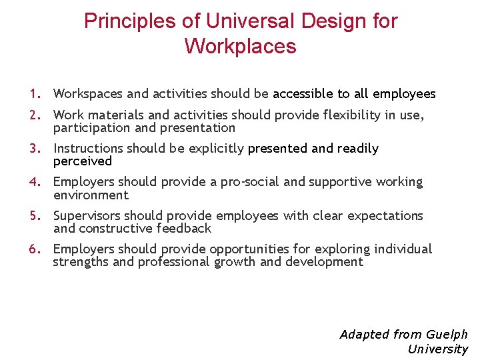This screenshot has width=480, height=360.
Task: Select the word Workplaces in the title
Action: tap(240, 47)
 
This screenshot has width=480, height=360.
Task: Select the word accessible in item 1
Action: tap(303, 94)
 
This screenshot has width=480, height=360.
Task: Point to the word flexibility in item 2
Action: tap(334, 115)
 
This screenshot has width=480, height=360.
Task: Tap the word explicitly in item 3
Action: tap(219, 149)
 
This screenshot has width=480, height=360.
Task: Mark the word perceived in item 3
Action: tap(83, 161)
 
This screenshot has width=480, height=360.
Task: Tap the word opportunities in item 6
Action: tap(249, 249)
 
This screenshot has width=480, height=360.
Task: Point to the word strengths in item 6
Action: tap(80, 262)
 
